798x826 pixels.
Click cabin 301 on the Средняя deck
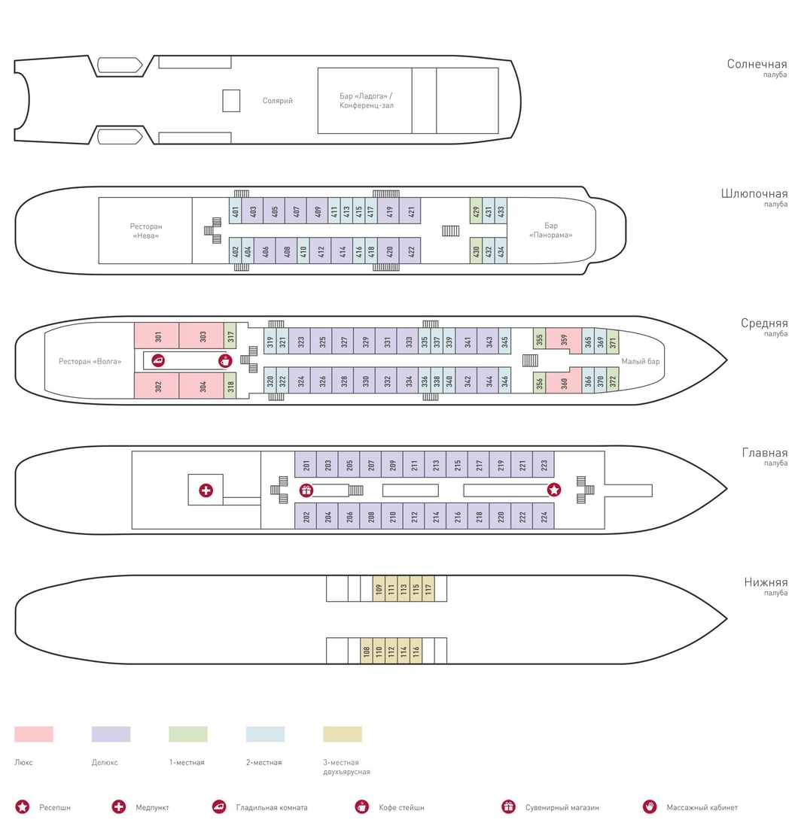157,336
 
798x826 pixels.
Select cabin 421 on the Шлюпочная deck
410,211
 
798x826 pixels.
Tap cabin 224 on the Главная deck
544,516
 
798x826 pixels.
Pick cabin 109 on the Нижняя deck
379,589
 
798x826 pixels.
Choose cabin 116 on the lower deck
416,651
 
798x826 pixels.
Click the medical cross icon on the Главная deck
206,490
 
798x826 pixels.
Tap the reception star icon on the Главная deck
554,490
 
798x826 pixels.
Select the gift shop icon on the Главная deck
306,490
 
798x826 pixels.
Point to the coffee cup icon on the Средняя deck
225,361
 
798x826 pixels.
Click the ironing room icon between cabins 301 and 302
158,361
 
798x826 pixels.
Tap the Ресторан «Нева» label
146,231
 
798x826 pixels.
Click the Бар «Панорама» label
551,230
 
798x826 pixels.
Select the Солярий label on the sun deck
277,101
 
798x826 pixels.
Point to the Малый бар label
641,361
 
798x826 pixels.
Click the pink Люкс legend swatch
34,733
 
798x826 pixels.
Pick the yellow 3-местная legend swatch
343,733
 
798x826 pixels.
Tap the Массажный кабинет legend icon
650,806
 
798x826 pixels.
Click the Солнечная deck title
757,64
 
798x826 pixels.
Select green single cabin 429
476,211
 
